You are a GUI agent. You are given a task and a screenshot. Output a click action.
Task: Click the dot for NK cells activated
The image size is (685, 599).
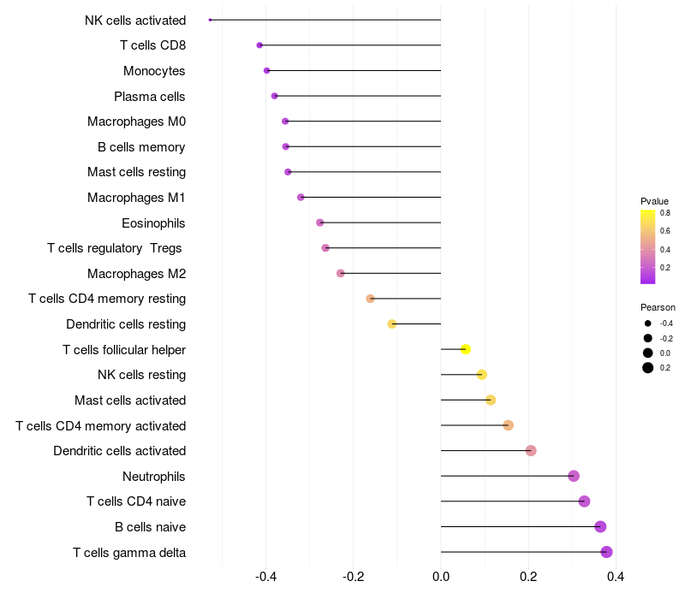(x=210, y=20)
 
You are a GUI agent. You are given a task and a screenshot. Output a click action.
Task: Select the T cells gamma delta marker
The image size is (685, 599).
(x=606, y=552)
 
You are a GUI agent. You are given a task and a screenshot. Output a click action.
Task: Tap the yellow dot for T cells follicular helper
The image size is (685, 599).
(x=466, y=349)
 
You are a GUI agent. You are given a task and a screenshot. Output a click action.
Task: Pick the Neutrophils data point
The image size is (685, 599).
(x=574, y=476)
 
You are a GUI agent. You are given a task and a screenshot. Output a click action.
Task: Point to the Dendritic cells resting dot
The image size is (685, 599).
(x=392, y=324)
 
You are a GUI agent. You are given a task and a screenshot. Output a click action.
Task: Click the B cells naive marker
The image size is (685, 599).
(x=600, y=526)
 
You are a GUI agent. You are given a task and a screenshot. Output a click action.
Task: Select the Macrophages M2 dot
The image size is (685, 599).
(x=341, y=273)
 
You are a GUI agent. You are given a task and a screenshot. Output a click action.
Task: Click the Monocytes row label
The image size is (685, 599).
(x=154, y=71)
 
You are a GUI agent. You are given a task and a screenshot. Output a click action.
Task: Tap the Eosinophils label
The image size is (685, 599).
(x=153, y=223)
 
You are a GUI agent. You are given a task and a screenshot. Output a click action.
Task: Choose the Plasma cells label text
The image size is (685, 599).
(x=150, y=97)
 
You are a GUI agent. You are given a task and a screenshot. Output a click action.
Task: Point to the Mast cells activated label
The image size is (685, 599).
(x=130, y=400)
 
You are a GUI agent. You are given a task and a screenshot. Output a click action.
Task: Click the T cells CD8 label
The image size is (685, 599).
(x=153, y=45)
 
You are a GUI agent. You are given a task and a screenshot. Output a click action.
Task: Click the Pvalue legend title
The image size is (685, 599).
(x=654, y=201)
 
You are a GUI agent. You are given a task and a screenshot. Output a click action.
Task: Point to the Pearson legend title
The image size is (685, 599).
(x=658, y=307)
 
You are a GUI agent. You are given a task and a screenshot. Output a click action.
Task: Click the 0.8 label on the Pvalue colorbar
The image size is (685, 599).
(x=664, y=213)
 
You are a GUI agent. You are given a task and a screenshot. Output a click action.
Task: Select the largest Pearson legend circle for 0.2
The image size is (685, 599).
(x=648, y=368)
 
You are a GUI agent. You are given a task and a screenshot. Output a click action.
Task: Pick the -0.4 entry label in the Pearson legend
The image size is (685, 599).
(x=665, y=323)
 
